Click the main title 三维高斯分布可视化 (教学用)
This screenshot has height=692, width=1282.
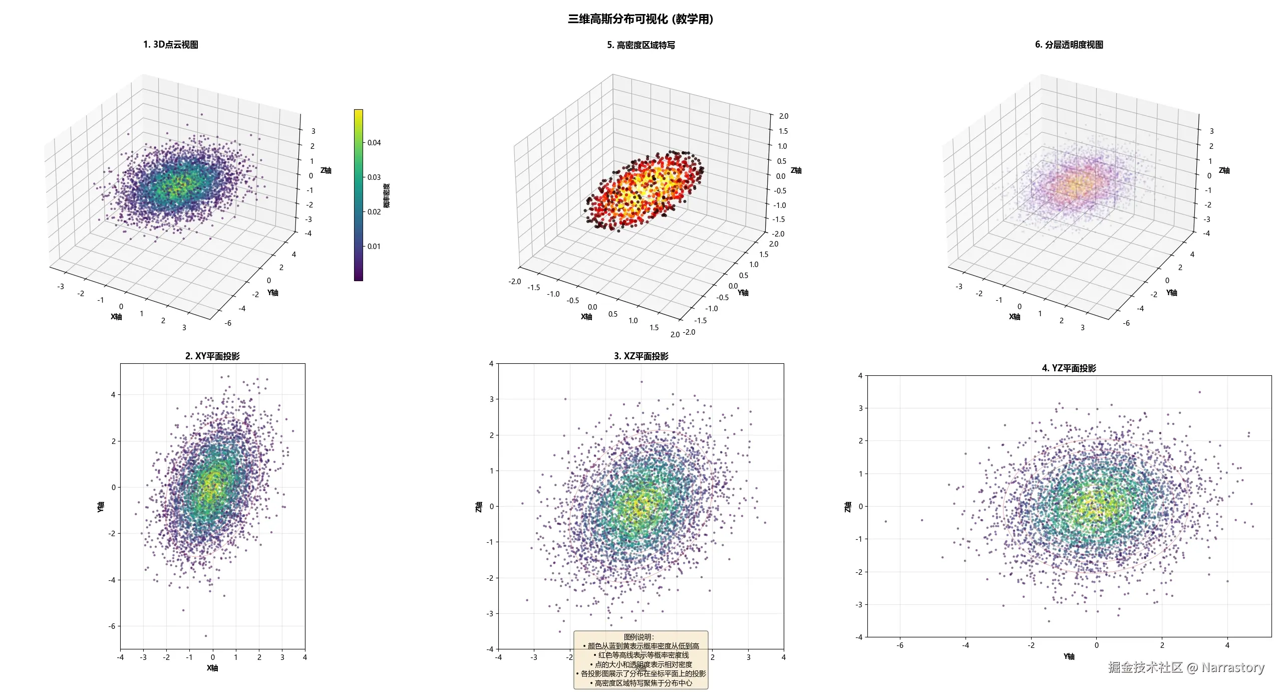tap(640, 19)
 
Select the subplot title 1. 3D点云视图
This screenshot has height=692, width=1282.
tap(170, 45)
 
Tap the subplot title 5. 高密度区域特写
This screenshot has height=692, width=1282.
tap(640, 45)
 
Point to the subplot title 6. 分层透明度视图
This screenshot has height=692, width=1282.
tap(1069, 45)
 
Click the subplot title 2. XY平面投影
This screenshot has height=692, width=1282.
tap(212, 356)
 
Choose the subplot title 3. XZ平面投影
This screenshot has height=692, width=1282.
tap(640, 356)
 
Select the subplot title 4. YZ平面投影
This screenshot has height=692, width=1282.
tap(1069, 368)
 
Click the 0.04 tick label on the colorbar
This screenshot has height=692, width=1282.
tap(374, 143)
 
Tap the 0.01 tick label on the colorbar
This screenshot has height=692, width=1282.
tap(374, 247)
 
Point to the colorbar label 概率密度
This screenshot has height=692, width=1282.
tap(387, 195)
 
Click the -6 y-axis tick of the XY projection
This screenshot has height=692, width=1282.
tap(112, 626)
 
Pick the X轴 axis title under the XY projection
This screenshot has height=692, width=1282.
tap(212, 668)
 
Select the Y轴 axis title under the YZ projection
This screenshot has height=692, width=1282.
tap(1069, 656)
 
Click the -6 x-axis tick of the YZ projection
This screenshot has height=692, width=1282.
tap(900, 645)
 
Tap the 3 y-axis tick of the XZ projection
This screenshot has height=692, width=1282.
tap(491, 399)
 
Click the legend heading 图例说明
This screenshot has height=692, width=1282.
tap(640, 637)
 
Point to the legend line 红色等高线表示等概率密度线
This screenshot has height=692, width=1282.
tap(640, 655)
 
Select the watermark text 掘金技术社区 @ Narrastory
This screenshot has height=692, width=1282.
tap(1186, 667)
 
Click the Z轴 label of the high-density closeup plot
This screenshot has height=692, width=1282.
tap(796, 170)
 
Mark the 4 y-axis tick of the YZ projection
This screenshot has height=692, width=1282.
tap(860, 376)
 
